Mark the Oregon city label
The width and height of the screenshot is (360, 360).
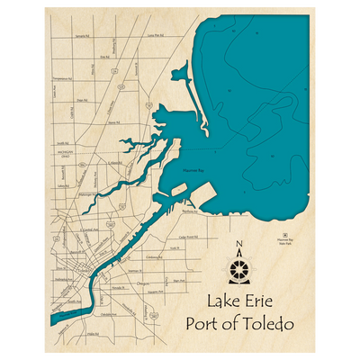(x=143, y=283)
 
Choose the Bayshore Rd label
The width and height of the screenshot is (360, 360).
(x=187, y=212)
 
